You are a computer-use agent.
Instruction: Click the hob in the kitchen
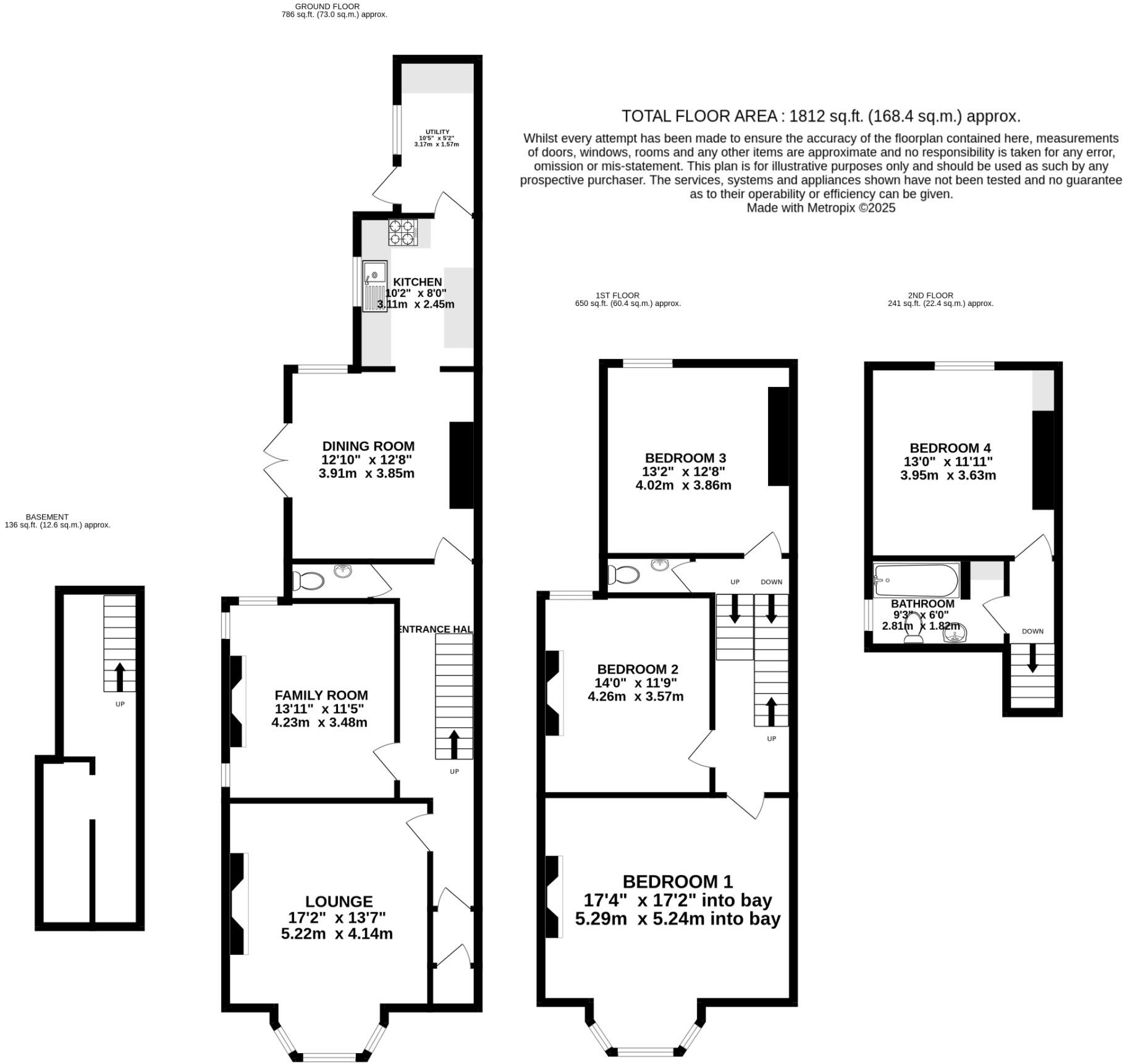click(402, 233)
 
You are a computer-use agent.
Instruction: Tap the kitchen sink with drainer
click(374, 286)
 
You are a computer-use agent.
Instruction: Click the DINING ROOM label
click(368, 446)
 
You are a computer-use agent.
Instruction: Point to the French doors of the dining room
click(276, 460)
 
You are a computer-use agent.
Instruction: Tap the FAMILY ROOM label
click(321, 695)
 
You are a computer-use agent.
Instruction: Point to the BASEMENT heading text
click(47, 517)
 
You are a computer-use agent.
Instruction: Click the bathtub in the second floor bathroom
click(916, 580)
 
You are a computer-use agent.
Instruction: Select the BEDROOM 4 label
click(950, 448)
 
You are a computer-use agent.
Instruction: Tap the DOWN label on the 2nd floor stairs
click(1032, 631)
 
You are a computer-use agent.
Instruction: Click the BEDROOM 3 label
click(685, 458)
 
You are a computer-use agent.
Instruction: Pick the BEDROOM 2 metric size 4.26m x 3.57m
click(635, 697)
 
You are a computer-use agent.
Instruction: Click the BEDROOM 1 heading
click(678, 881)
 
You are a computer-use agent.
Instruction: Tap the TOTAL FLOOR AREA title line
click(821, 116)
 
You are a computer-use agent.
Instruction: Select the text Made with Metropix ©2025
click(821, 208)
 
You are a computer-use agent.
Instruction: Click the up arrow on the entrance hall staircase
click(454, 743)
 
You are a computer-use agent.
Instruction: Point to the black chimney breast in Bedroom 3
click(779, 436)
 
